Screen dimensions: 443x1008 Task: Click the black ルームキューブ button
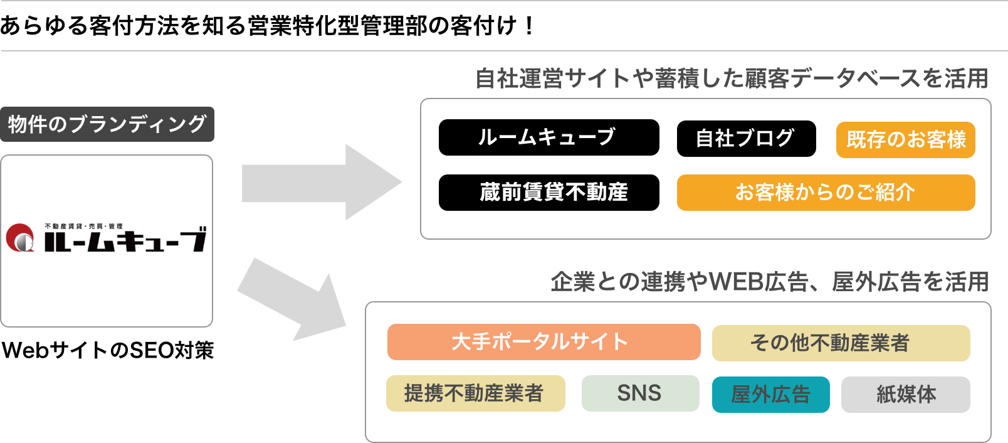click(x=549, y=137)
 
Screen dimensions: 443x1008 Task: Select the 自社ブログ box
click(x=746, y=139)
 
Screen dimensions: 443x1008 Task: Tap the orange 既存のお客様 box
click(x=905, y=140)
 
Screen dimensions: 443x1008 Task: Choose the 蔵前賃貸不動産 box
click(x=549, y=193)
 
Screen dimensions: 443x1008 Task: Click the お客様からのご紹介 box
click(x=826, y=193)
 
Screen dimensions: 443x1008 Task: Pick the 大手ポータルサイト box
click(x=543, y=342)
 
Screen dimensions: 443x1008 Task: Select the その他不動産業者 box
click(x=841, y=343)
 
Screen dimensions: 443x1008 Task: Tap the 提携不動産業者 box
click(x=475, y=393)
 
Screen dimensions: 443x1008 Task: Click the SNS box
click(x=640, y=393)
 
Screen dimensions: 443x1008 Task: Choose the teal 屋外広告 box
click(x=770, y=395)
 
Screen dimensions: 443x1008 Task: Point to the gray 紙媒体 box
click(x=905, y=395)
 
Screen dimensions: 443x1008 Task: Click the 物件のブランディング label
click(x=107, y=124)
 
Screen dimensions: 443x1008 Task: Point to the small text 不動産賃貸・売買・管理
click(x=83, y=226)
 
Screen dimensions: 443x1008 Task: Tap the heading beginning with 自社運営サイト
click(x=731, y=79)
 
